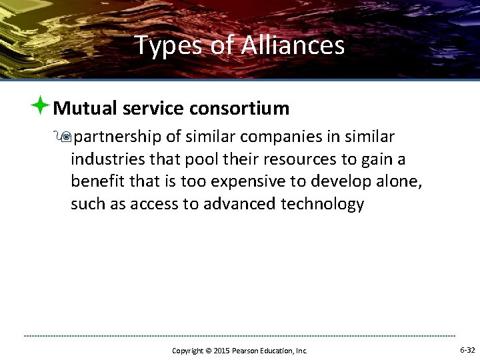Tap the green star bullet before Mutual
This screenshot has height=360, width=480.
(41, 105)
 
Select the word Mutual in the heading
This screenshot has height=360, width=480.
(82, 108)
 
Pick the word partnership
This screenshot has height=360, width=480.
(117, 137)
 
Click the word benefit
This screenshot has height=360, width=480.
(95, 182)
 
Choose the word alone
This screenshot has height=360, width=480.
(400, 182)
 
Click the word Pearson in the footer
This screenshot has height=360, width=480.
(244, 351)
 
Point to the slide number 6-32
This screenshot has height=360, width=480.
(467, 350)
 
